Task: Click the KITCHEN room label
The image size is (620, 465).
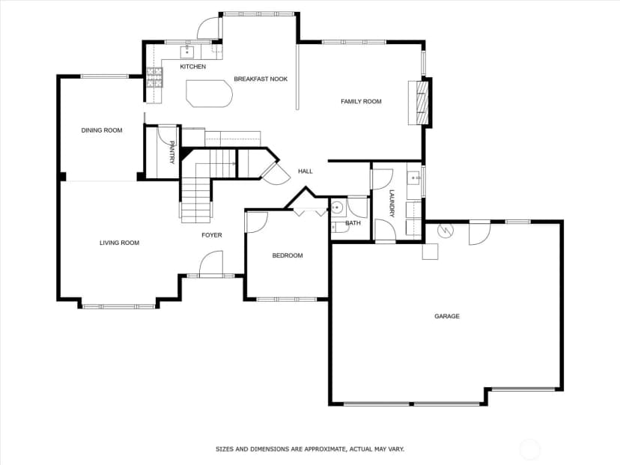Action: point(193,67)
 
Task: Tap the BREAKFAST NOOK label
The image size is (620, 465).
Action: point(261,79)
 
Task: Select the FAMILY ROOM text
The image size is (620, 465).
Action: point(361,102)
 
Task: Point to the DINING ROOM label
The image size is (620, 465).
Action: point(102,130)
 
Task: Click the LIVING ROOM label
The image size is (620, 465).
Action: point(119,243)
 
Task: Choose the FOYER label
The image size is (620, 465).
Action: point(212,235)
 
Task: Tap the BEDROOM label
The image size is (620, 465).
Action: point(288,256)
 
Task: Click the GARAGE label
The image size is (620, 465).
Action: point(447,316)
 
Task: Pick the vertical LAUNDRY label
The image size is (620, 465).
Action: point(392,204)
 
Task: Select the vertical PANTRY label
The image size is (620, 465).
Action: point(172,152)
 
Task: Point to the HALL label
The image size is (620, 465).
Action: point(306,171)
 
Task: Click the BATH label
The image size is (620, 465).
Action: point(353,223)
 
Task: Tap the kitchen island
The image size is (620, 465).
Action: point(209,94)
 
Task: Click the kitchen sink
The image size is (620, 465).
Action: point(187,52)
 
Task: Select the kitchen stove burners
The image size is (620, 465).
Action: point(154,77)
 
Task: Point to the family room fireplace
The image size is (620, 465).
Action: point(420,103)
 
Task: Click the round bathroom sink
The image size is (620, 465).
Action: point(337,207)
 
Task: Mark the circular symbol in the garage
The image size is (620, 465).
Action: point(446,230)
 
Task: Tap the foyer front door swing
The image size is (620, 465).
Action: point(211,264)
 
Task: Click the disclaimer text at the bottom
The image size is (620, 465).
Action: point(310,449)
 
